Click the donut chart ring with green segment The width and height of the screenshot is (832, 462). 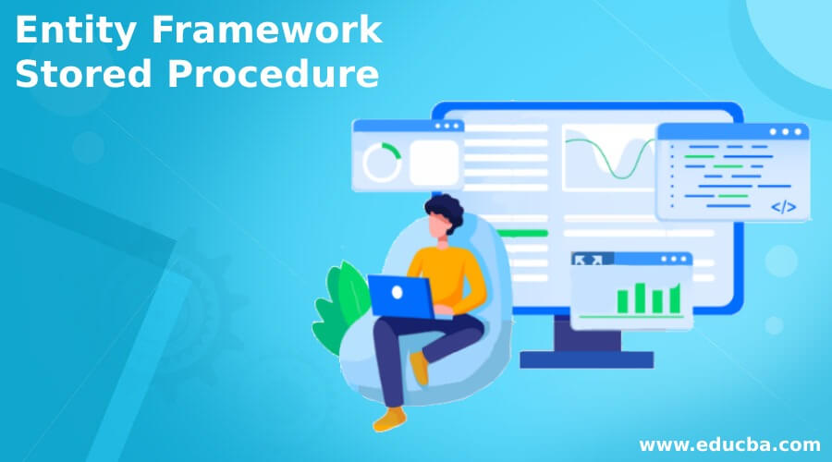coord(381,163)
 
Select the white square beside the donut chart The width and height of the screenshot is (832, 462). coord(434,163)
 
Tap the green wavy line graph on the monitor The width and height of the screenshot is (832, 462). coord(610,157)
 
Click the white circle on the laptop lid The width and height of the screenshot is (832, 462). coord(398,292)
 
